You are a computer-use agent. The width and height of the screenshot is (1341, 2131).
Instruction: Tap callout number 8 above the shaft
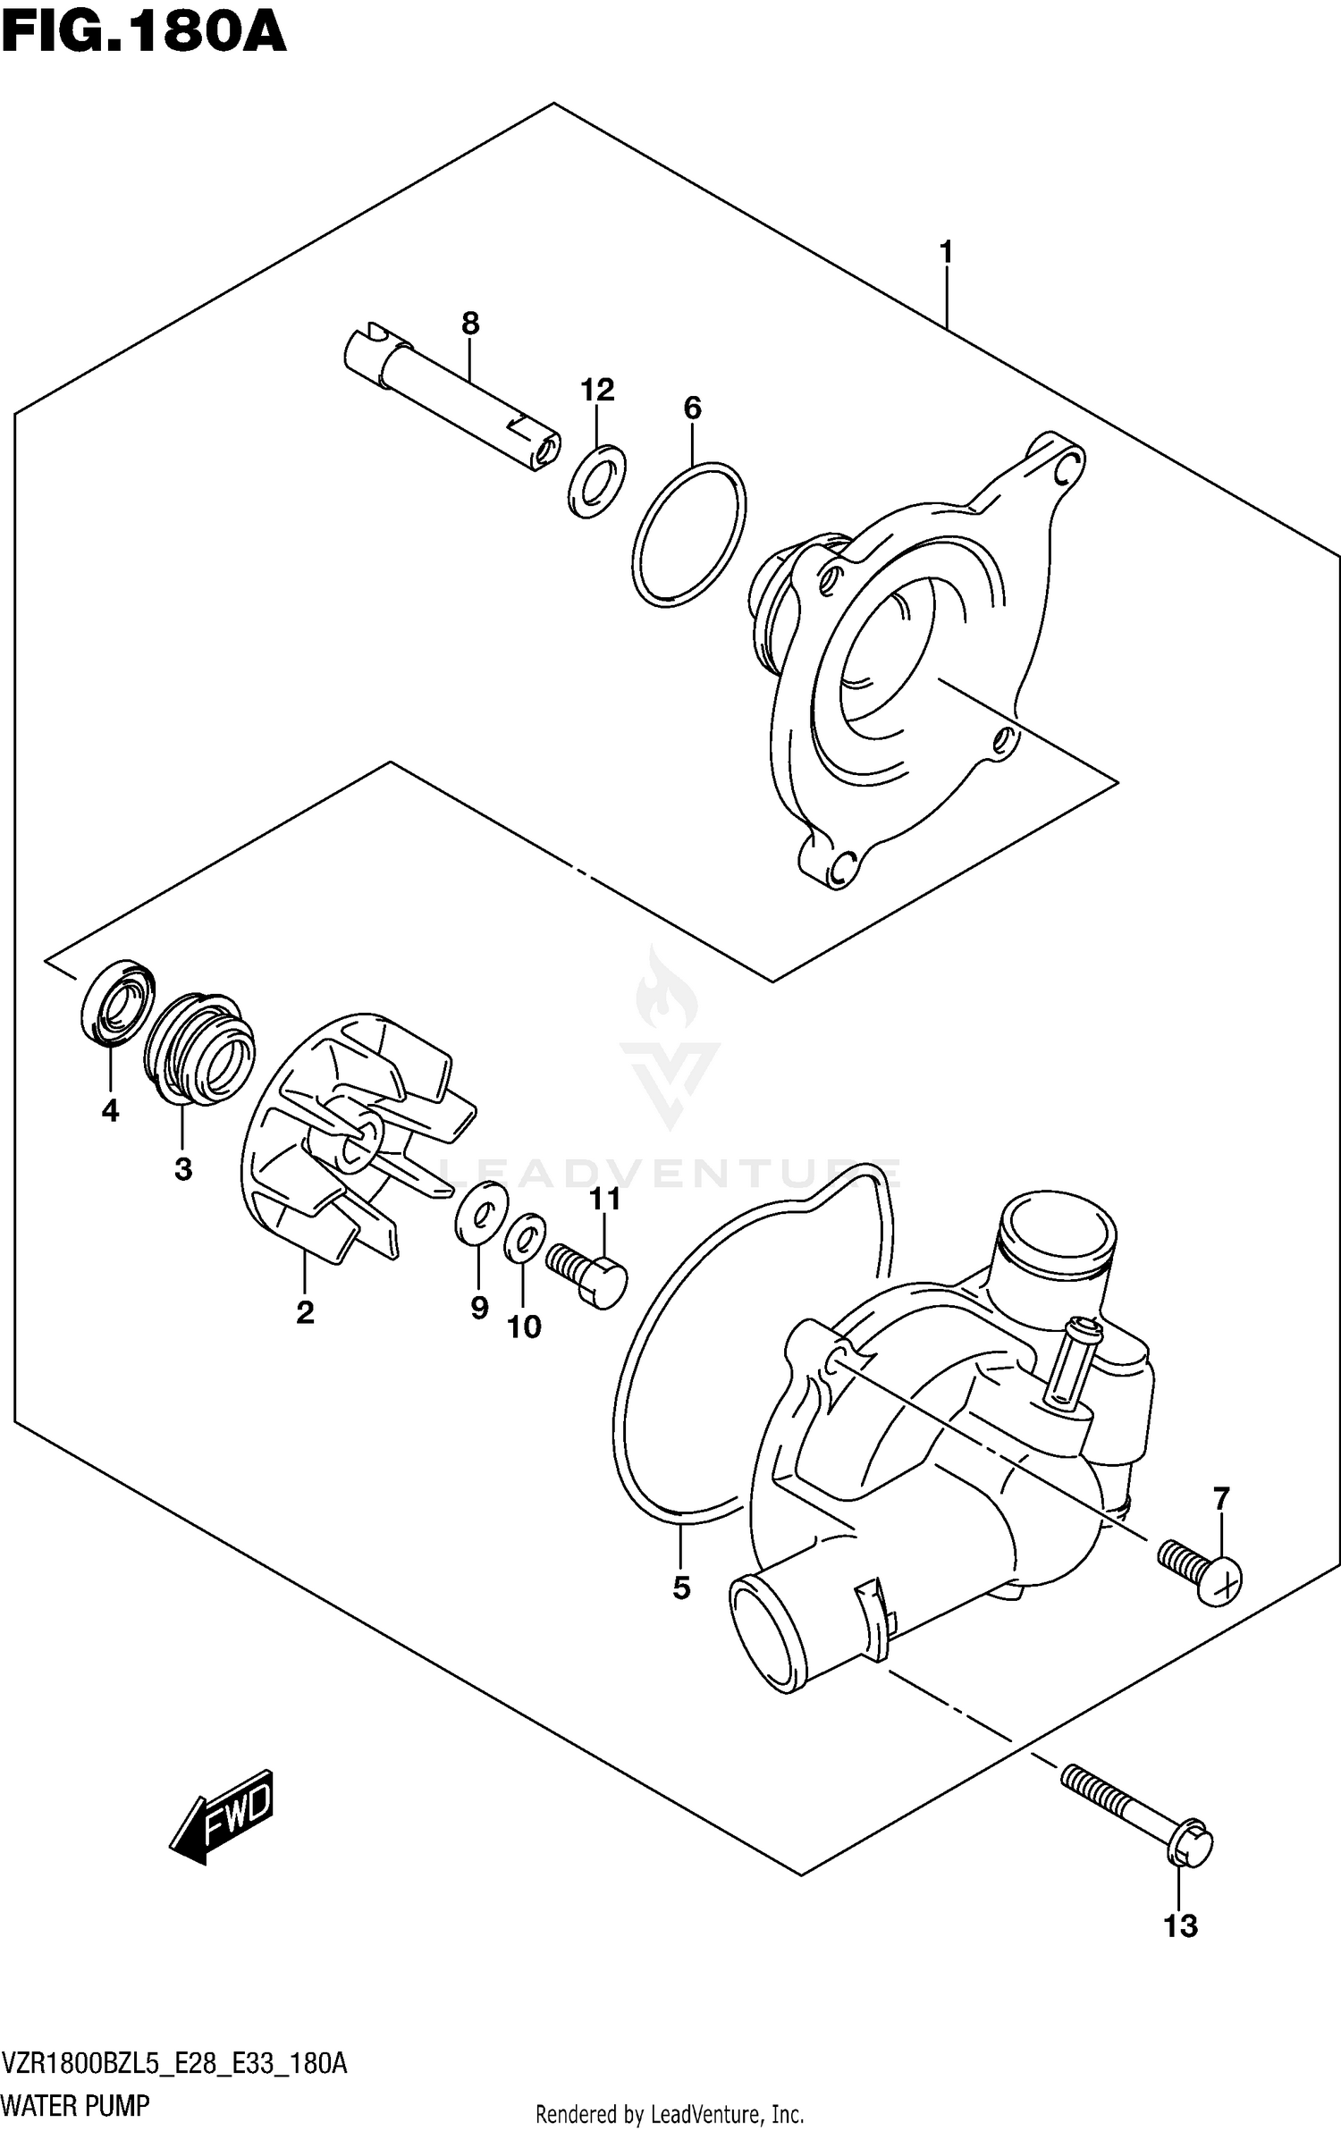click(x=470, y=324)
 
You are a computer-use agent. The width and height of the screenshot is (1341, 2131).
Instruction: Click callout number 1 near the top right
click(x=946, y=253)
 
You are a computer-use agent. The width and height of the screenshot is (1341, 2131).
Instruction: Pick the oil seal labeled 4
click(x=117, y=1002)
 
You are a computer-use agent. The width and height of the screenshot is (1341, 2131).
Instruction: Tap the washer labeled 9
click(x=481, y=1212)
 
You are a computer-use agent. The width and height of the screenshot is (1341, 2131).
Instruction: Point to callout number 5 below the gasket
click(x=681, y=1588)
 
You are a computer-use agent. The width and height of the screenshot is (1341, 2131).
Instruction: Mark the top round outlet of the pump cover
click(x=1058, y=1236)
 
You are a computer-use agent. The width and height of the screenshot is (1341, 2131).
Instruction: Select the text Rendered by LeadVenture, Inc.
click(x=669, y=2107)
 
